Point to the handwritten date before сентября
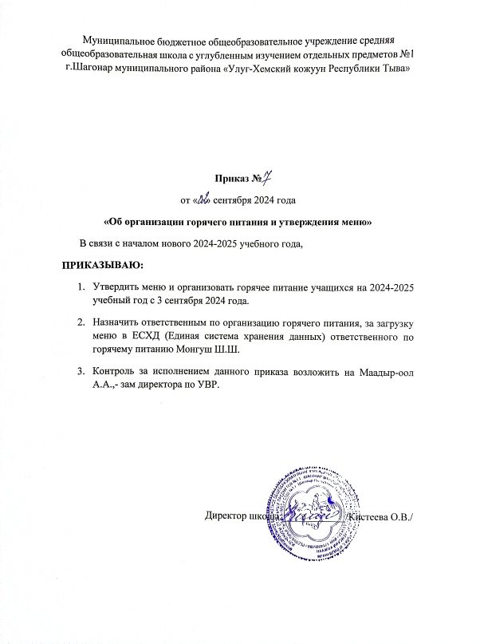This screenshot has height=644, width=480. (206, 198)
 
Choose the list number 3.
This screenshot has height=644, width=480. (81, 372)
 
